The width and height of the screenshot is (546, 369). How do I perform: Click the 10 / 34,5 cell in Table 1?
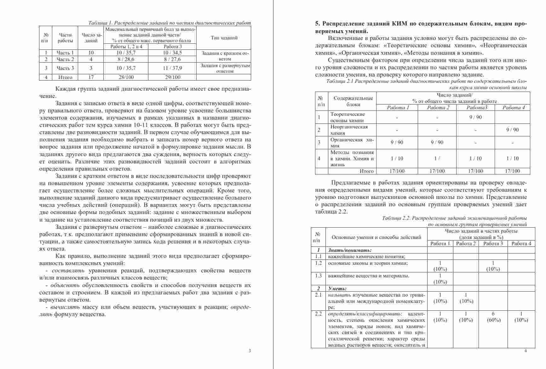[172, 53]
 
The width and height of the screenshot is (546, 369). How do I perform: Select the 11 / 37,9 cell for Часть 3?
[172, 68]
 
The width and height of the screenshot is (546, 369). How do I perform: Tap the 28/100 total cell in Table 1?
[126, 77]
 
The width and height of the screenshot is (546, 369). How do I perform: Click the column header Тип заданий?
[224, 38]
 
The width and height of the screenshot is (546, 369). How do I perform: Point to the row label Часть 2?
[65, 59]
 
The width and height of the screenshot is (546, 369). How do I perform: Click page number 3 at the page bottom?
[250, 351]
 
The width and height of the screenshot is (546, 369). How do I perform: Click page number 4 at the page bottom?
[525, 351]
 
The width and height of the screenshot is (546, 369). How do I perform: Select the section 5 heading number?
[318, 24]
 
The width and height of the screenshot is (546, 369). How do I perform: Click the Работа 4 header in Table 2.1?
[514, 107]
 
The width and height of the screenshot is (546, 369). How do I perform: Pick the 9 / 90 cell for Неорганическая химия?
[512, 130]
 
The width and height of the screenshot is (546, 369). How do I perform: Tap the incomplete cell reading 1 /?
[437, 158]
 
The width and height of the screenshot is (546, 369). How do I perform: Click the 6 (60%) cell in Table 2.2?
[493, 317]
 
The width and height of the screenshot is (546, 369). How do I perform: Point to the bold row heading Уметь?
[337, 288]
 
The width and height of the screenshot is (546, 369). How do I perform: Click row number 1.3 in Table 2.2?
[318, 276]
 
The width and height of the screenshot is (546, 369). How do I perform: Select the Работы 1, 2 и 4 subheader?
[126, 46]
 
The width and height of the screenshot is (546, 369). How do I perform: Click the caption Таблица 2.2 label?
[396, 218]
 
